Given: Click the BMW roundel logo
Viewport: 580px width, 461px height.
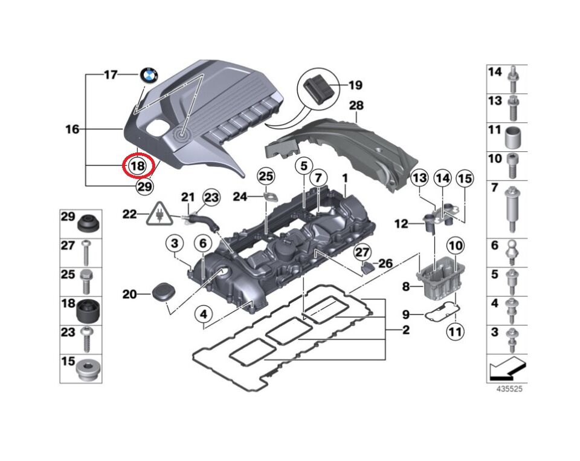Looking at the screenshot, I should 149,75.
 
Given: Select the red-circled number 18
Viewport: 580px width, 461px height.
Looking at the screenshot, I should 138,165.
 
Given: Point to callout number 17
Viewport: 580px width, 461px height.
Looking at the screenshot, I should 110,75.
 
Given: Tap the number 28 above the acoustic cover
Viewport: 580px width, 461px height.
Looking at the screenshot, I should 356,105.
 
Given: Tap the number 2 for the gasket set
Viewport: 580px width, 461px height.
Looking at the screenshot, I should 406,330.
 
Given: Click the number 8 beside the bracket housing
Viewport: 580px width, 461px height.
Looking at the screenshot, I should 406,286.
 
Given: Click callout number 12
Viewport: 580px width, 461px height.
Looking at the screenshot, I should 401,224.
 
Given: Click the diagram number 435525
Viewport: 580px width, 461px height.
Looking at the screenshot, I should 509,390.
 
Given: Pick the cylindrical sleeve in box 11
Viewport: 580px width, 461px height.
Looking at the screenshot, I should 512,137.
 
